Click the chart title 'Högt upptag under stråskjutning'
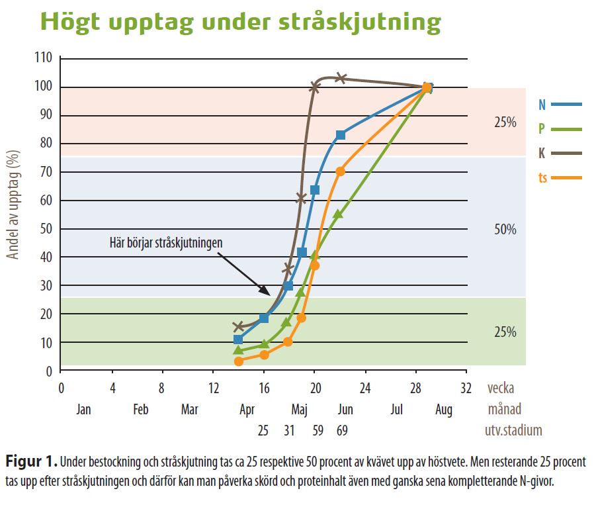[x=239, y=22]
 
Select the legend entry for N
[x=560, y=105]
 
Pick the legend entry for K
[x=560, y=154]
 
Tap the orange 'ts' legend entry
[x=560, y=178]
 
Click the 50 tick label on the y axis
[x=46, y=229]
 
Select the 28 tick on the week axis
[x=415, y=387]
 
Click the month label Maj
[x=300, y=410]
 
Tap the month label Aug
[x=444, y=410]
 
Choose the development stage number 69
[x=341, y=431]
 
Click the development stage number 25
[x=263, y=431]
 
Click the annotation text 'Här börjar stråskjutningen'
[x=165, y=242]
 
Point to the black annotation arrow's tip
[x=270, y=295]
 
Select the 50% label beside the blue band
[x=505, y=230]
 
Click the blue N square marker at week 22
[x=341, y=135]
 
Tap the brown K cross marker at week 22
[x=341, y=78]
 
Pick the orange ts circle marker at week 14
[x=239, y=361]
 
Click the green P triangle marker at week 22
[x=338, y=214]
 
